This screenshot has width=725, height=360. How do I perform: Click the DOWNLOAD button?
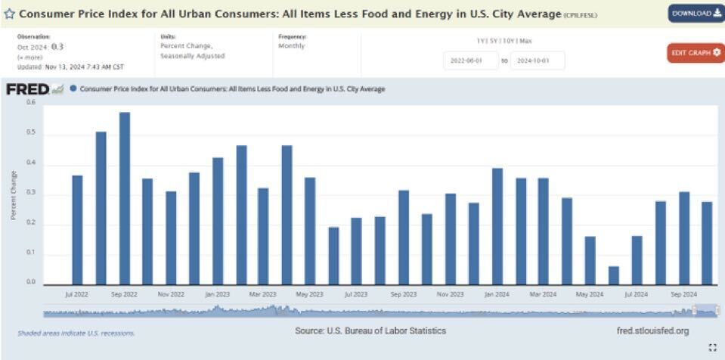pos(696,13)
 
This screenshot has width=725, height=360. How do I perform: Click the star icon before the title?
pos(10,14)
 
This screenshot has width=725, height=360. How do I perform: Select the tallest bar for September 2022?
pos(124,198)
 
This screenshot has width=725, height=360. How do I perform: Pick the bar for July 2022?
pos(77,229)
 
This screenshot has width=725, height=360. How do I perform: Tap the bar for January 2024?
pos(497,226)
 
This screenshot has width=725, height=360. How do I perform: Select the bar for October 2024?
pos(707,243)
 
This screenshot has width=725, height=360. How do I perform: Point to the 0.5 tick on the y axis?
pos(31,134)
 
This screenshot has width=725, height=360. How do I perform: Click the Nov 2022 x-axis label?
pos(172,293)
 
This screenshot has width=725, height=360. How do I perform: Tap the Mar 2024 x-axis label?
pos(544,293)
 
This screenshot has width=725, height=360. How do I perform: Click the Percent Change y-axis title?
pos(14,195)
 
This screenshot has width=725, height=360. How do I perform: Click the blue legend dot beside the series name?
pos(73,88)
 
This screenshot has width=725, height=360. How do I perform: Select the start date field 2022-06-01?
pos(470,61)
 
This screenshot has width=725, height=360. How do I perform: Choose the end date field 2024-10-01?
pos(538,61)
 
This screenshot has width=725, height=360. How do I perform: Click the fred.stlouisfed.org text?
pos(652,331)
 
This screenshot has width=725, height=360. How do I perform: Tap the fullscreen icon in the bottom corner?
pos(712,347)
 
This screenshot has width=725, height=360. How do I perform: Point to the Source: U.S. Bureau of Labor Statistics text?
pos(370,331)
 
